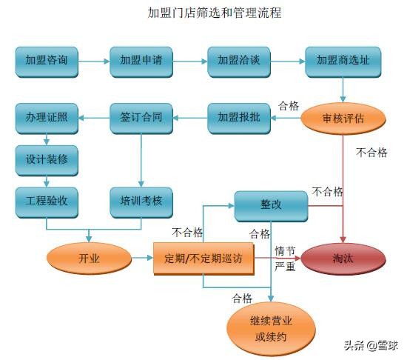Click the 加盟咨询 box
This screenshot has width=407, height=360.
[x=47, y=61]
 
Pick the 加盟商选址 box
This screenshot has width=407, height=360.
[x=343, y=61]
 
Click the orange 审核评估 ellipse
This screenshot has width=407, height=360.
[x=343, y=117]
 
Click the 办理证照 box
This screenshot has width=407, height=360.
[x=47, y=117]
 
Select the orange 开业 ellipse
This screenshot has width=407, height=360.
[x=89, y=259]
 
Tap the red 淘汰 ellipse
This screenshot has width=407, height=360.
[x=343, y=259]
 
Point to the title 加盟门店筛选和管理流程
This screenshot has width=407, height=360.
[x=204, y=13]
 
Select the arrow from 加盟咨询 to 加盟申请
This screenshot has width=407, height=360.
[x=94, y=61]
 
